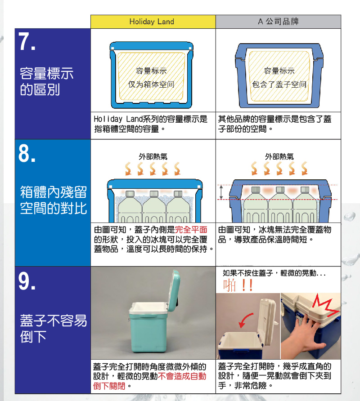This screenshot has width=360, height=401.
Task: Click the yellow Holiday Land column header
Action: click(153, 22)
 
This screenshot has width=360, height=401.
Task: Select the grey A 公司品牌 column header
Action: click(278, 22)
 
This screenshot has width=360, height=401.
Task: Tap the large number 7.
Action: click(27, 41)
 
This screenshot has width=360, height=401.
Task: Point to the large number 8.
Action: click(27, 153)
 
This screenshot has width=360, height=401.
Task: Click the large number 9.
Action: click(27, 281)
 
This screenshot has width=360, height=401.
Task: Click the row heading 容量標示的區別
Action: click(47, 81)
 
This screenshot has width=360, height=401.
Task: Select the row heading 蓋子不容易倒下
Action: click(53, 328)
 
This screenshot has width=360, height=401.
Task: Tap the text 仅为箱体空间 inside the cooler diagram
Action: click(151, 84)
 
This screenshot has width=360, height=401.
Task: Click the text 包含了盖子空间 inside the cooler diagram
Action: click(279, 84)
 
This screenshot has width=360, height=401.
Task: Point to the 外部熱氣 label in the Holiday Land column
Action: click(153, 156)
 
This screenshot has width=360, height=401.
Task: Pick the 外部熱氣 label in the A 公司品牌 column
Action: click(279, 156)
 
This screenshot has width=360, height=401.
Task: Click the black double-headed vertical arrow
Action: click(221, 192)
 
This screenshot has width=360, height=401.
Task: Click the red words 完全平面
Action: click(191, 230)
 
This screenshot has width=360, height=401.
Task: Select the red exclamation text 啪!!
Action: click(238, 285)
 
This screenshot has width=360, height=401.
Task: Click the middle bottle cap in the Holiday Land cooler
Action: click(154, 194)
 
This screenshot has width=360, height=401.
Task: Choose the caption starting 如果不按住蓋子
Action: click(274, 273)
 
